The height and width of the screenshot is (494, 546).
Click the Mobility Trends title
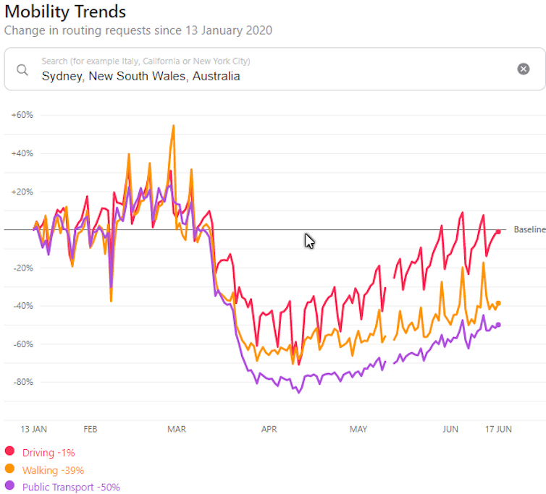point(65,12)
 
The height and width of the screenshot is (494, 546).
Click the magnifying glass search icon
point(22,69)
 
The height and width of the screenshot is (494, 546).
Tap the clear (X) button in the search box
point(523,69)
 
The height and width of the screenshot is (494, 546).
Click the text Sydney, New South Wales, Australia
point(140,76)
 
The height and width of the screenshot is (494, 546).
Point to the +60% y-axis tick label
point(22,115)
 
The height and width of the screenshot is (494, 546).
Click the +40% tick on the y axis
point(22,153)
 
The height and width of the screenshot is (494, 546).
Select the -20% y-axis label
point(22,268)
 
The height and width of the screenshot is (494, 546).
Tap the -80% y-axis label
point(22,382)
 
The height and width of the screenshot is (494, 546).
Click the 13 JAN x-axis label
point(34,429)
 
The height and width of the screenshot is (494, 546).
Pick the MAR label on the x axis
point(176,429)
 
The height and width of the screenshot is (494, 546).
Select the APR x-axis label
point(269,429)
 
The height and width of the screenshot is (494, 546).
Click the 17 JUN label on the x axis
point(497,429)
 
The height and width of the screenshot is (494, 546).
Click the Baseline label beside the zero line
point(529,230)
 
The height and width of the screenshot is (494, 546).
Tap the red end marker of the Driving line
point(498,231)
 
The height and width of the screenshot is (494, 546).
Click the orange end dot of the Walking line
point(498,303)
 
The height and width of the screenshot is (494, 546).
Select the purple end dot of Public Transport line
point(498,325)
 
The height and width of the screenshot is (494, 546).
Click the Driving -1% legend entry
point(49,453)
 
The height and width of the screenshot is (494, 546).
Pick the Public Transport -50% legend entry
point(71,487)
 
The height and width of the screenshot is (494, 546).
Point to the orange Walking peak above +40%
point(173,126)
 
